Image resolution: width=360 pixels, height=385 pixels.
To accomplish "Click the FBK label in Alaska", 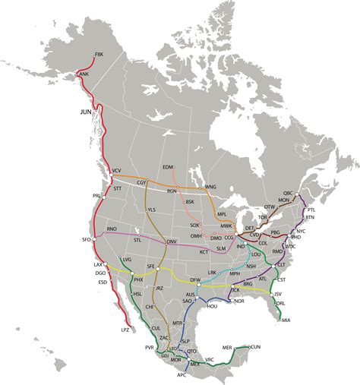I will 98,55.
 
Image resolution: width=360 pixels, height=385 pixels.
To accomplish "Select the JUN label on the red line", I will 86,112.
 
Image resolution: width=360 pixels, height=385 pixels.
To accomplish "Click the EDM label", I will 168,166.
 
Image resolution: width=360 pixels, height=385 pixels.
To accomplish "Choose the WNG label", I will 210,187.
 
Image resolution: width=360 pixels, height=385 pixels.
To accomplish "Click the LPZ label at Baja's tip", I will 125,331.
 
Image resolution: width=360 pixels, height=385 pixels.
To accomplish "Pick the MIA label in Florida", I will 286,321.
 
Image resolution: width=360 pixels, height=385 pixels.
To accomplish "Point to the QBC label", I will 288,194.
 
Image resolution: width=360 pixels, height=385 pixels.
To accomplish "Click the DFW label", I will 195,280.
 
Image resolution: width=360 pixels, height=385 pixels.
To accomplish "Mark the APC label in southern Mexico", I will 181,375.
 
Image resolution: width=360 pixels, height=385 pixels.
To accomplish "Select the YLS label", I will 151,210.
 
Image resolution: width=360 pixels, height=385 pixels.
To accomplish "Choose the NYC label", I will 300,230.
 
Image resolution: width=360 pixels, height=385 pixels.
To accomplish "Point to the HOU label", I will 213,305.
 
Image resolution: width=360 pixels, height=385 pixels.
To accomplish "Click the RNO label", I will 112,229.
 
